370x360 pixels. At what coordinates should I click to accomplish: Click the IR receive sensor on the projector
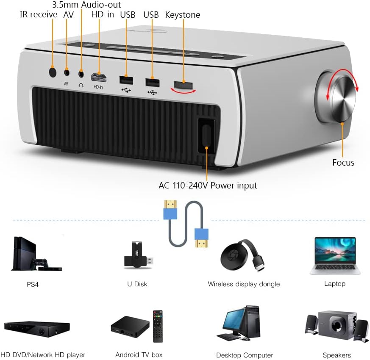pyautogui.click(x=53, y=72)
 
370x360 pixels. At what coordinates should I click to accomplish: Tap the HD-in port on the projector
pyautogui.click(x=98, y=78)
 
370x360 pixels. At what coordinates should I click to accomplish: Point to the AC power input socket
pyautogui.click(x=206, y=135)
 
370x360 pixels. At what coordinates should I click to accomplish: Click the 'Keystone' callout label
pyautogui.click(x=182, y=15)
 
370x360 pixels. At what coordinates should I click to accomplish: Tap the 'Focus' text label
pyautogui.click(x=343, y=163)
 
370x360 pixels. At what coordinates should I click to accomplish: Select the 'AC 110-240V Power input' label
pyautogui.click(x=208, y=185)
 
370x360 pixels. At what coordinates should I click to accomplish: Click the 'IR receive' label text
pyautogui.click(x=38, y=15)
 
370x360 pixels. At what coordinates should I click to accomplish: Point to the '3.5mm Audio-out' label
pyautogui.click(x=86, y=5)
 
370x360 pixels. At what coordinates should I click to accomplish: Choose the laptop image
pyautogui.click(x=335, y=255)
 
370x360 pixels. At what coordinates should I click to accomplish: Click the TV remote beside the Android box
pyautogui.click(x=158, y=326)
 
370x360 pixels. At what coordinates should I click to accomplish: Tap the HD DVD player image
pyautogui.click(x=36, y=329)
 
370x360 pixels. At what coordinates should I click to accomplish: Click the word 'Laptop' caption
pyautogui.click(x=335, y=284)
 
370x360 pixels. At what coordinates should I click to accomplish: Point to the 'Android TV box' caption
pyautogui.click(x=139, y=354)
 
